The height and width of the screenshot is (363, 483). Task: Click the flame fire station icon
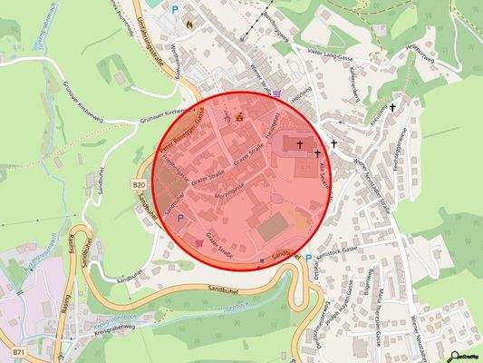click(188, 25)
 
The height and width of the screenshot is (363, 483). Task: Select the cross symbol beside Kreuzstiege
click(392, 108)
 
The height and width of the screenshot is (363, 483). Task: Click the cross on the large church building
click(300, 143)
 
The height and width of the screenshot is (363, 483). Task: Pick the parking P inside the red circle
click(179, 218)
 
